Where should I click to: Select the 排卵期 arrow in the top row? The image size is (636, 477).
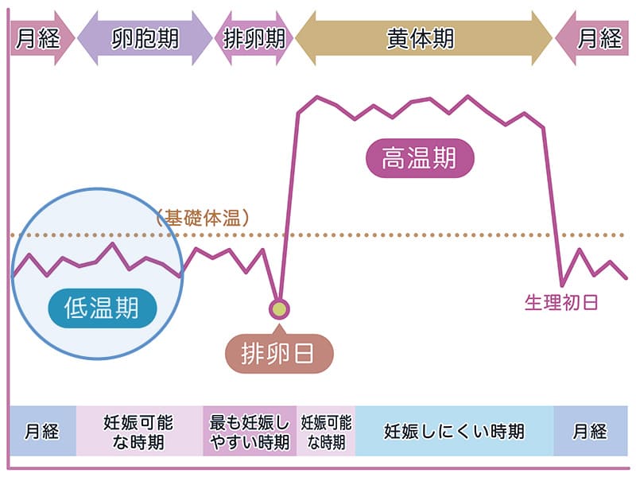point(254,38)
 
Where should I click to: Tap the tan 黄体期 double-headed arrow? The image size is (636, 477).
point(421,38)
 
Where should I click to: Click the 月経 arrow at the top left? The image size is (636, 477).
point(40,38)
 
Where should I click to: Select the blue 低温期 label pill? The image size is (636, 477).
point(101,307)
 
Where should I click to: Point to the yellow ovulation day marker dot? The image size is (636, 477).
point(278,308)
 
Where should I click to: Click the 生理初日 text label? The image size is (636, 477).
point(560,303)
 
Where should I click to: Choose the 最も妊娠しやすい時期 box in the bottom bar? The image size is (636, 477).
point(250,431)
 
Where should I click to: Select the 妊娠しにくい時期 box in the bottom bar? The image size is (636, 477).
point(454,431)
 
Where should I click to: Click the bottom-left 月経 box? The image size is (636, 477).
point(42,431)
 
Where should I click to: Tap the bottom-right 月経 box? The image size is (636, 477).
point(590,431)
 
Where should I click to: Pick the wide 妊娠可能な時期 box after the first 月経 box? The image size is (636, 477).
point(139,431)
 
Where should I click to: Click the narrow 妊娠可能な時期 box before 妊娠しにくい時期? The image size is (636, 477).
point(326,431)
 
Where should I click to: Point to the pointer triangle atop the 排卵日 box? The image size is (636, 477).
point(278,328)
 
